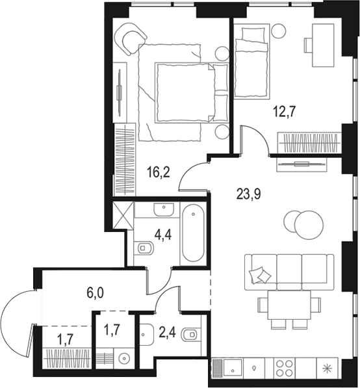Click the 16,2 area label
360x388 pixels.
coord(158,172)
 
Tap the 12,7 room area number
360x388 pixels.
coord(285,111)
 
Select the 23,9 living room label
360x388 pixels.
coord(249,194)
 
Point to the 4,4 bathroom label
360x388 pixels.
coord(163,235)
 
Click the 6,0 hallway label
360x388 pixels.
coord(96,292)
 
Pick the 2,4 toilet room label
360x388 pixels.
coord(167,333)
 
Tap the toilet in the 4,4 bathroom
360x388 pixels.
coord(144,248)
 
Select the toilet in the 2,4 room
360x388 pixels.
coord(191,334)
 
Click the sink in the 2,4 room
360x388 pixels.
coord(146,334)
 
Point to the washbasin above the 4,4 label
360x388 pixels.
coord(164,209)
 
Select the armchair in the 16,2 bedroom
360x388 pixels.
coord(131,39)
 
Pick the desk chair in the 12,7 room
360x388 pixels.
coord(308,45)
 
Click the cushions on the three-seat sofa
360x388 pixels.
coord(261,275)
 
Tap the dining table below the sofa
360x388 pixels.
coord(289,305)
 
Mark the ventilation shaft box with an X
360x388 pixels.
coord(123,215)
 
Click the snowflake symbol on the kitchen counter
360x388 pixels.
coord(327,369)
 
